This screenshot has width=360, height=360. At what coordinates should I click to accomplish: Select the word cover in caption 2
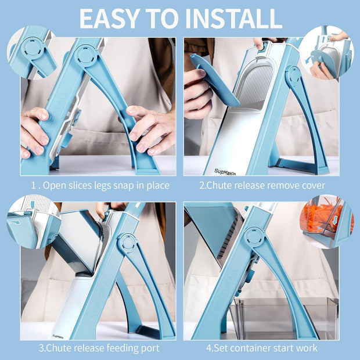314,185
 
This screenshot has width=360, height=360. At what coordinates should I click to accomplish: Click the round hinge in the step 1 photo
85,56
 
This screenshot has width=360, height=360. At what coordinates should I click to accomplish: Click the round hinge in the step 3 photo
127,243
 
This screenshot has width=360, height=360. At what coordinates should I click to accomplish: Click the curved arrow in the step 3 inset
16,222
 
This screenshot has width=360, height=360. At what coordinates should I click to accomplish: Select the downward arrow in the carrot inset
335,219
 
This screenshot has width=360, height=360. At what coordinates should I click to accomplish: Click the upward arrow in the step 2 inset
323,39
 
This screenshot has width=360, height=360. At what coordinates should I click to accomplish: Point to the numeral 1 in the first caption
34,185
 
